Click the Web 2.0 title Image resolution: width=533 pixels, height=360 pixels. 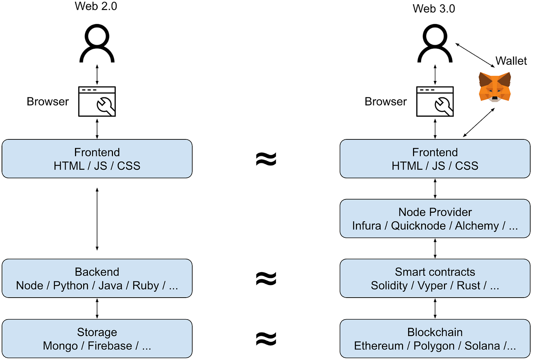[96, 6]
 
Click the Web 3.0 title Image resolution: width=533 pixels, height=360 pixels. [434, 9]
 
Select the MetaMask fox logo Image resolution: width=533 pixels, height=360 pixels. [495, 87]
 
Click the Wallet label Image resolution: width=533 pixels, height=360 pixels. [511, 61]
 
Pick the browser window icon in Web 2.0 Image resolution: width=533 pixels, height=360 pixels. [97, 101]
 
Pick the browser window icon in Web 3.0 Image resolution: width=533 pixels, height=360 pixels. [435, 101]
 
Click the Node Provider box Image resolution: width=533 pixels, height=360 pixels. [435, 219]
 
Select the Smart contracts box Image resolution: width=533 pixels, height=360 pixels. [435, 278]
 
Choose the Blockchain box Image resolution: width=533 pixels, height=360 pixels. [435, 338]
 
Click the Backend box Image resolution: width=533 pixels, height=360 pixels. [97, 278]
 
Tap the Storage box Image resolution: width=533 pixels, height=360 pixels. [97, 338]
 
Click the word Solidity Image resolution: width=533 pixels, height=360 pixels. [389, 285]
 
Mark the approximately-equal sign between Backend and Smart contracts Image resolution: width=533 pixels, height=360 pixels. [266, 278]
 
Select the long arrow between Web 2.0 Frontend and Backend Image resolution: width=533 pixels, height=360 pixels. [97, 219]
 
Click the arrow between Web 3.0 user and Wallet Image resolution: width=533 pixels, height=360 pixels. [475, 55]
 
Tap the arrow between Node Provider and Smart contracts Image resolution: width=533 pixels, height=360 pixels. [435, 249]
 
